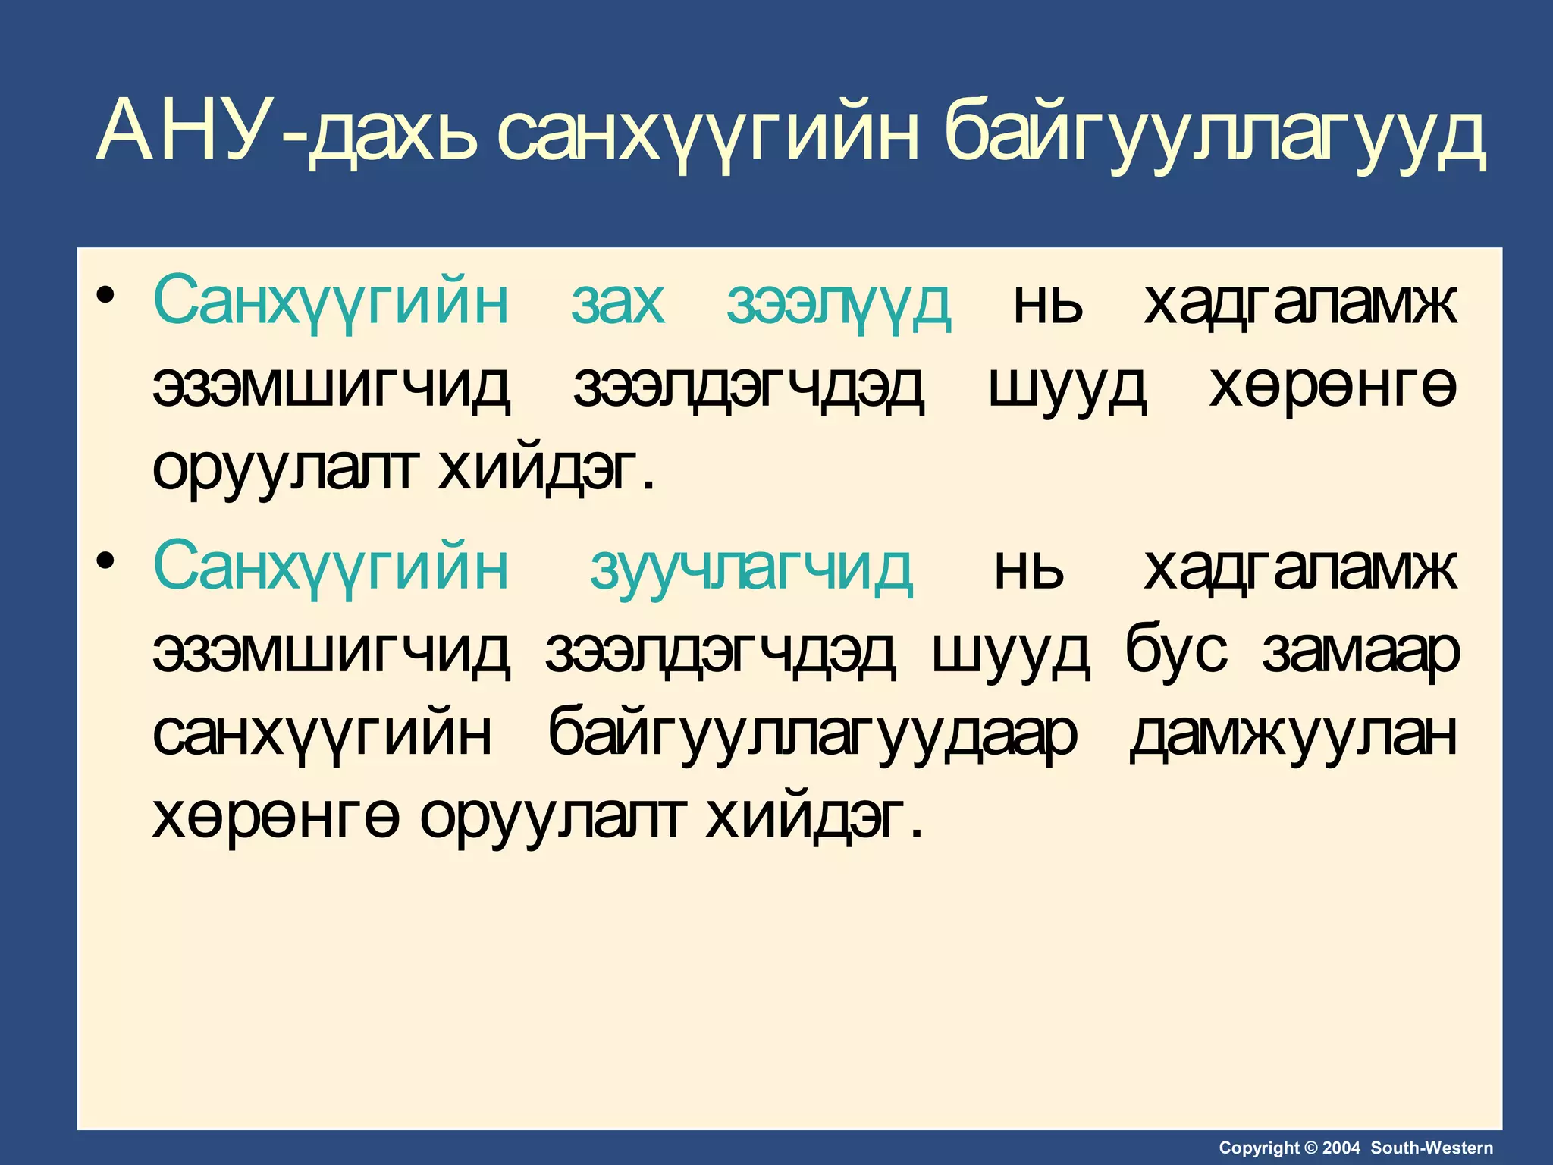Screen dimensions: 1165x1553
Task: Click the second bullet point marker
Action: [x=106, y=560]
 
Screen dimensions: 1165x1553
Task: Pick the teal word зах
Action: [x=618, y=303]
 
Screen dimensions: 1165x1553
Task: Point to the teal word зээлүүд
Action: [x=838, y=303]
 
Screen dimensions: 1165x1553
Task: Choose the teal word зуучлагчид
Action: [x=751, y=569]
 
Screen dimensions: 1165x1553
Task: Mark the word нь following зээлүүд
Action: [x=1048, y=303]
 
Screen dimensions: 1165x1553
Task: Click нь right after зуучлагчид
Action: [x=1029, y=569]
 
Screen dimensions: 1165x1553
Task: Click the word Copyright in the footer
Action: [x=1259, y=1148]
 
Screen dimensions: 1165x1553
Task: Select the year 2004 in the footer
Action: [x=1341, y=1148]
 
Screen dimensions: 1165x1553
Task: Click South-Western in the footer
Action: [x=1432, y=1148]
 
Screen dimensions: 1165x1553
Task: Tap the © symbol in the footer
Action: [x=1311, y=1148]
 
